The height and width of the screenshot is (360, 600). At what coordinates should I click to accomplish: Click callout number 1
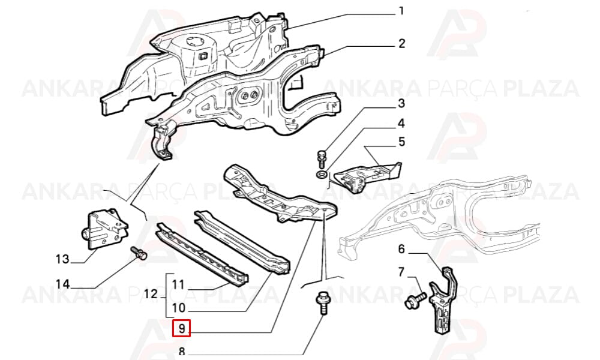coord(401,11)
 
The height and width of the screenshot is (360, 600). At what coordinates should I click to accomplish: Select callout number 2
coord(401,44)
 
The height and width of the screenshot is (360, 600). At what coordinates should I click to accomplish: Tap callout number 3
coord(401,104)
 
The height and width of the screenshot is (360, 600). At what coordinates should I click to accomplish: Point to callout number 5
coord(401,142)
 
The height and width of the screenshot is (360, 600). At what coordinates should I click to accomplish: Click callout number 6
coord(401,250)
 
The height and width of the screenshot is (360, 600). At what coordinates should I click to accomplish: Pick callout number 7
coord(401,272)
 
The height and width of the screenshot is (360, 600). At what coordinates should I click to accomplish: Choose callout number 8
coord(181,351)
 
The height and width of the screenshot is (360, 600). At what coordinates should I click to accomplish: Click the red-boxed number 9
coord(181,328)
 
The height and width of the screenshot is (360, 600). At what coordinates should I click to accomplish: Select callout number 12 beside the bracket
coord(151,294)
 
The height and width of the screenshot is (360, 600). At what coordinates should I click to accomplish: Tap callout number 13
coord(63,259)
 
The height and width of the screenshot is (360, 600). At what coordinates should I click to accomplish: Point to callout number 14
coord(63,284)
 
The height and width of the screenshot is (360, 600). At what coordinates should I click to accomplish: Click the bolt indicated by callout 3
coord(320,158)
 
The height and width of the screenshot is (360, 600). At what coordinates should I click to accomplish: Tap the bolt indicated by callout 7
coord(415,300)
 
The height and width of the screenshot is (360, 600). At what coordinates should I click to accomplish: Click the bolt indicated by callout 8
coord(322,303)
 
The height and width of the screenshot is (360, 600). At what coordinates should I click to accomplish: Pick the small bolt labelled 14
coord(139,253)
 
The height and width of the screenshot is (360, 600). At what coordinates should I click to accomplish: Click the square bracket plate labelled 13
coord(104,229)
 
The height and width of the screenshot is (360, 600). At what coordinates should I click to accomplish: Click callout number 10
coord(179,307)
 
